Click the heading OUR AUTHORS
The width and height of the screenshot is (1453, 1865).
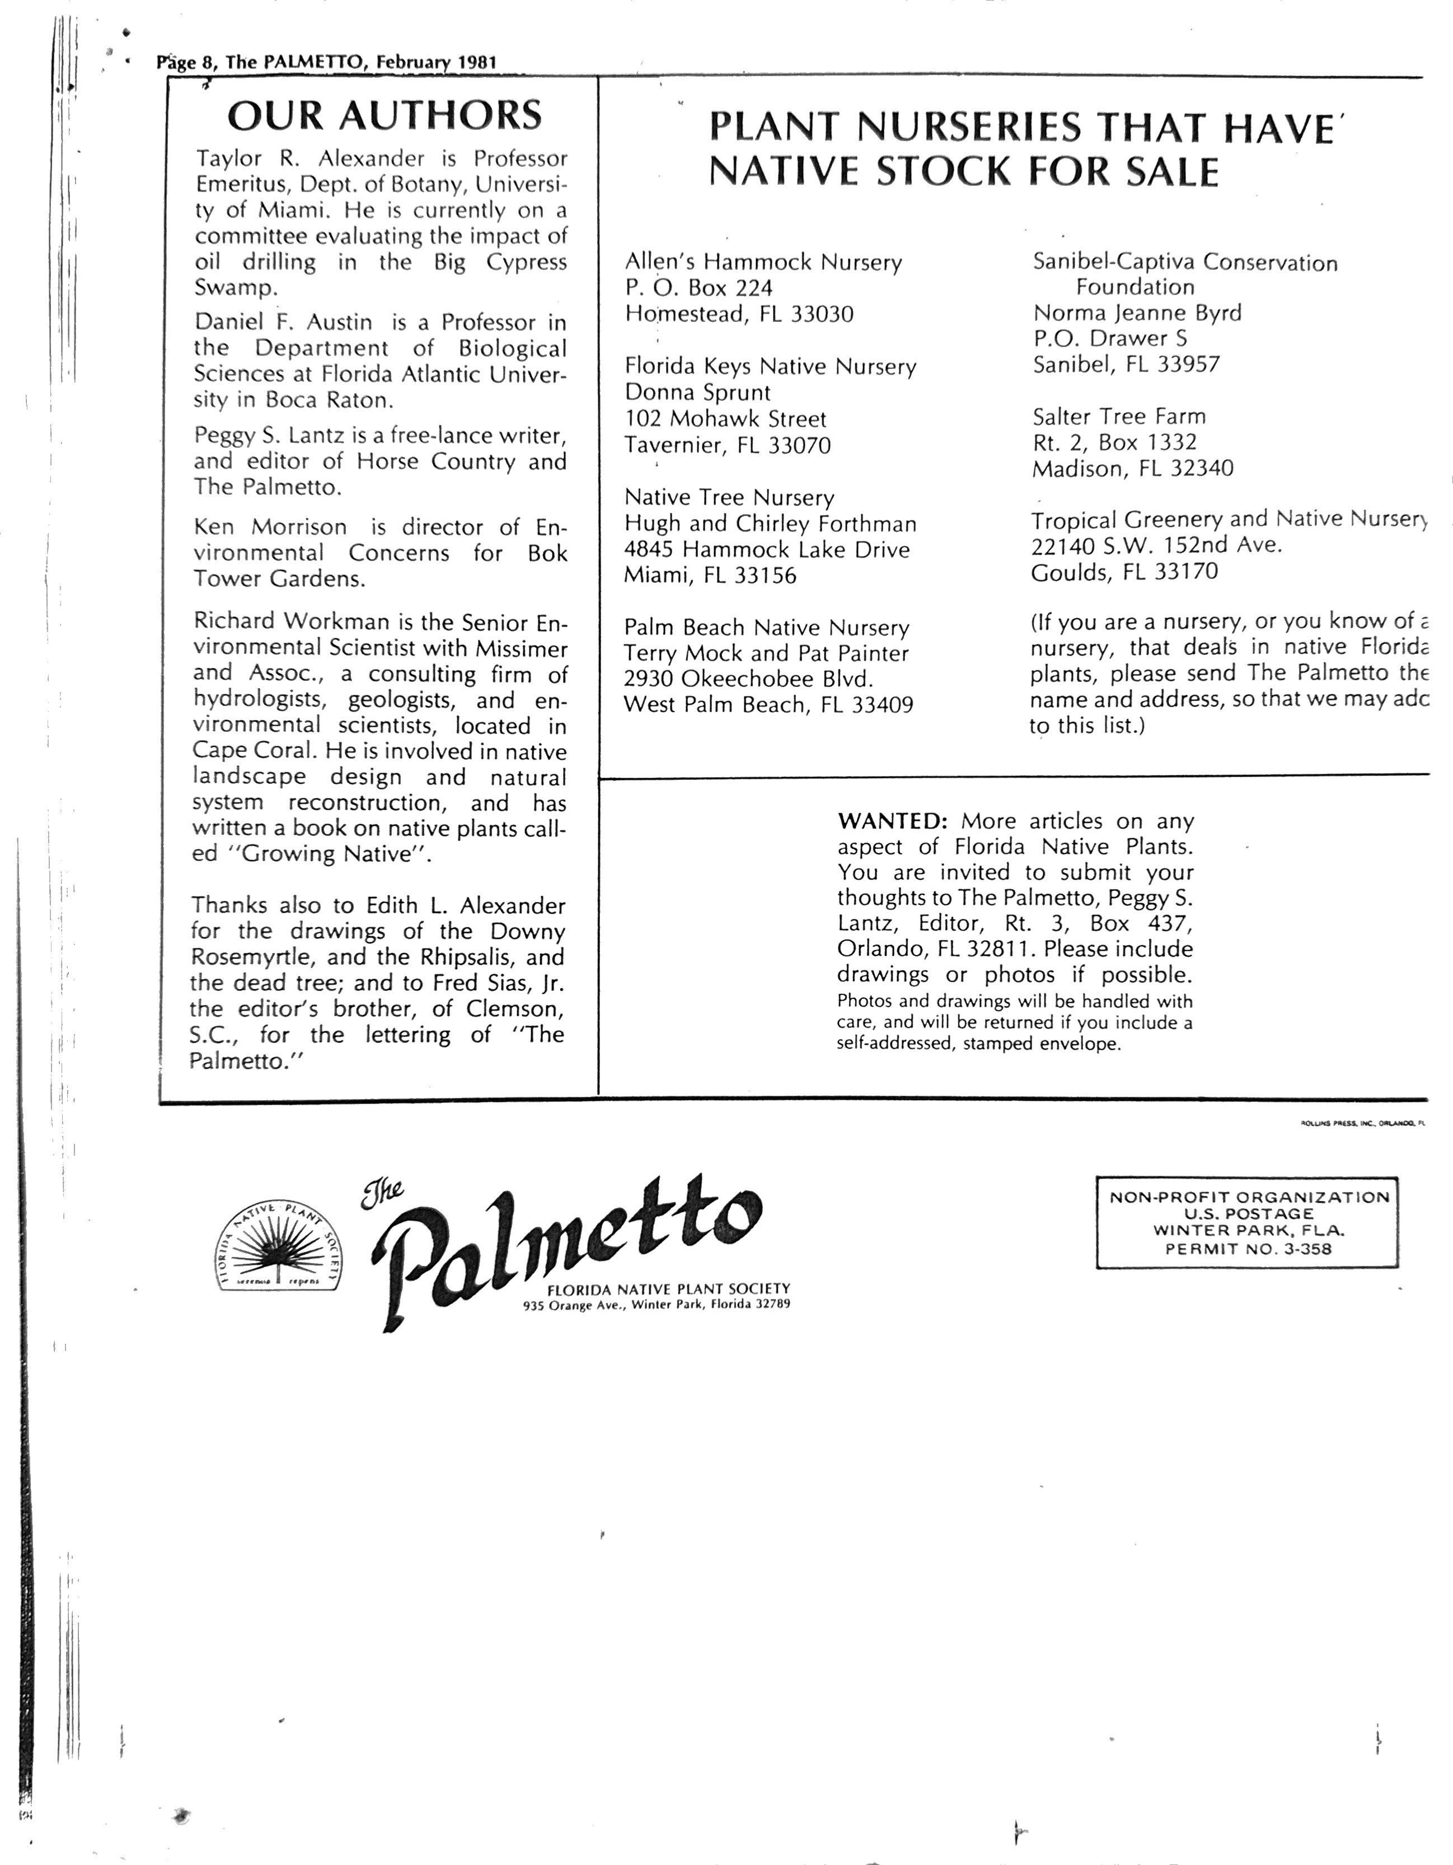pyautogui.click(x=384, y=115)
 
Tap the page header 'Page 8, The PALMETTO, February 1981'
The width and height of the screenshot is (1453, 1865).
pyautogui.click(x=326, y=62)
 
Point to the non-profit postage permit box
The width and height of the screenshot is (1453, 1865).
pyautogui.click(x=1247, y=1223)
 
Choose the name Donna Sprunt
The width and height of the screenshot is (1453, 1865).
pyautogui.click(x=697, y=393)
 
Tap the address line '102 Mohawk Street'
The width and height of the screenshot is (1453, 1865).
pyautogui.click(x=725, y=419)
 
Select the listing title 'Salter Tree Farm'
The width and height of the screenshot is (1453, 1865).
pyautogui.click(x=1118, y=417)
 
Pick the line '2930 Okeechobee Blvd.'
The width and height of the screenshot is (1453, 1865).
pyautogui.click(x=748, y=679)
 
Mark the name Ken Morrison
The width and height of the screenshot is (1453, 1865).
pyautogui.click(x=270, y=527)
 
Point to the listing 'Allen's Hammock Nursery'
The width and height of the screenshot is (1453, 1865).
pyautogui.click(x=762, y=262)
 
